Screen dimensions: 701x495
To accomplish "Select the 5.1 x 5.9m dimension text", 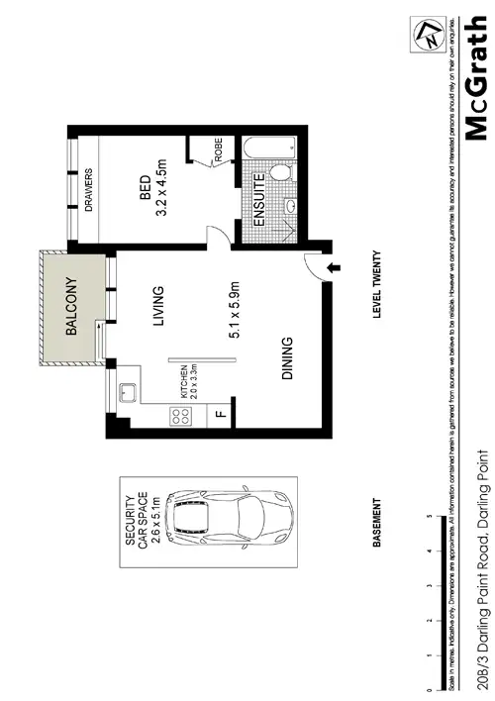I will point(237,308).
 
